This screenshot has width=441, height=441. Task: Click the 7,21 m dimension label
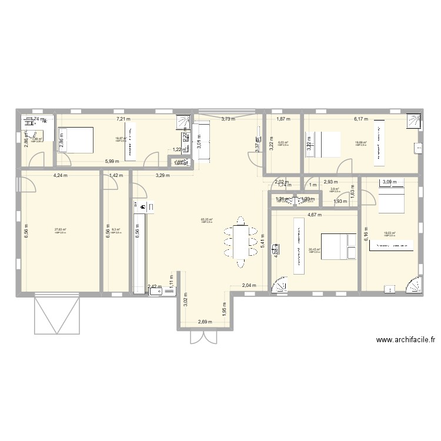coord(123,119)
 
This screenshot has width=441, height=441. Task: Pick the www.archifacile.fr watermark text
coord(405,340)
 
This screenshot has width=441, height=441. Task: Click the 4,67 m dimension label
coord(316,215)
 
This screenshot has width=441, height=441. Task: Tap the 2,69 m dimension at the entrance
coord(206,322)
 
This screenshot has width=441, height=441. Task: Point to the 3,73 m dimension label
coord(228,119)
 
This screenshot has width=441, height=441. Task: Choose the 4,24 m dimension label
coord(60,175)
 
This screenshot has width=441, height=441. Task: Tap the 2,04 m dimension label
coord(248,286)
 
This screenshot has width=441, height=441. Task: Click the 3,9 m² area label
coord(334,189)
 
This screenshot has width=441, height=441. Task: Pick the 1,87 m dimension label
coord(283,119)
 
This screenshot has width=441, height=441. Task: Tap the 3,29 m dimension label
coord(162,175)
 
